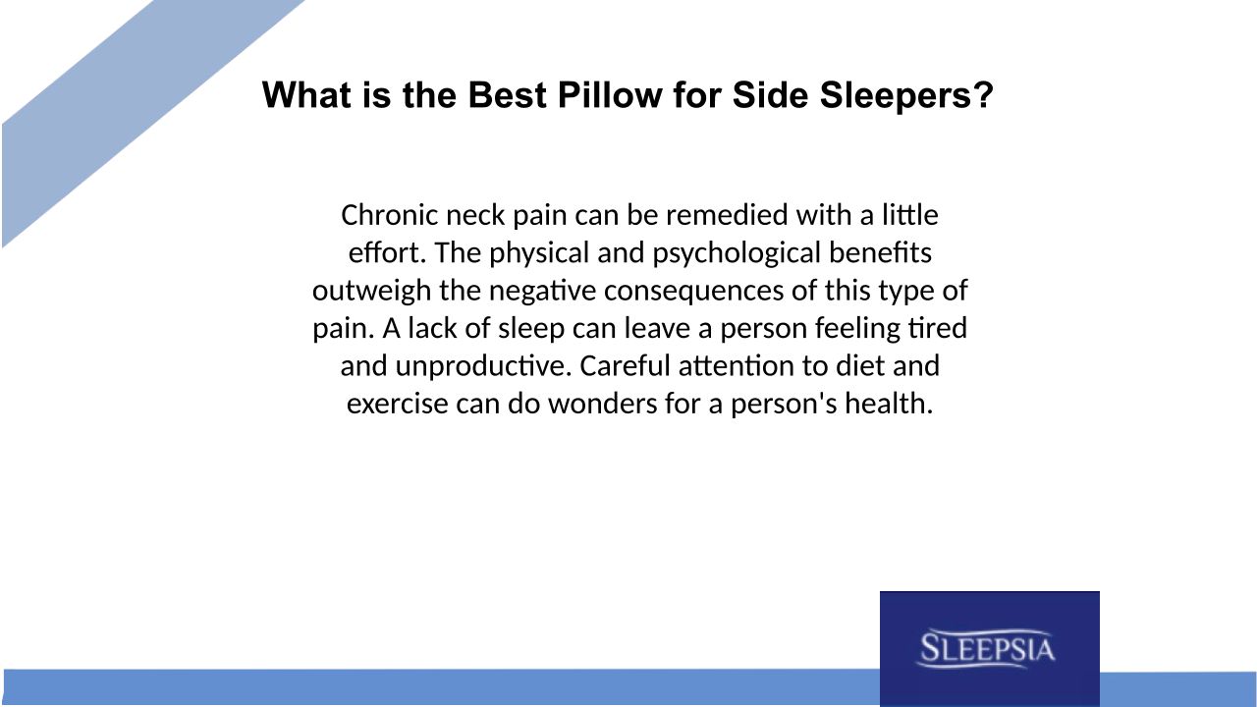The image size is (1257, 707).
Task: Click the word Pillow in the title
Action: pyautogui.click(x=610, y=95)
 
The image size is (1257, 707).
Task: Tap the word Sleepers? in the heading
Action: pyautogui.click(x=906, y=95)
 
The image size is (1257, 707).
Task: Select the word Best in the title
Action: pyautogui.click(x=507, y=95)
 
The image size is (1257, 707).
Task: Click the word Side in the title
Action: pyautogui.click(x=771, y=95)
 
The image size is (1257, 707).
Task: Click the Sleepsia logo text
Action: pyautogui.click(x=988, y=649)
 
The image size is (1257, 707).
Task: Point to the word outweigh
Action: pyautogui.click(x=371, y=292)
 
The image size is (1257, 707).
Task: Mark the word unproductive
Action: pyautogui.click(x=483, y=366)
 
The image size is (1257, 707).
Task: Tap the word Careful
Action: pyautogui.click(x=626, y=366)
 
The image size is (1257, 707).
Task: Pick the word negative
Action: pyautogui.click(x=543, y=292)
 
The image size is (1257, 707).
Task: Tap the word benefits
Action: pyautogui.click(x=880, y=253)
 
